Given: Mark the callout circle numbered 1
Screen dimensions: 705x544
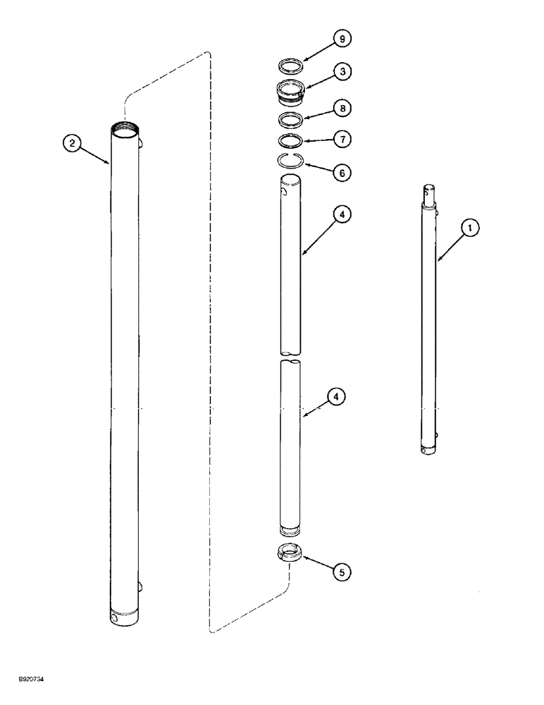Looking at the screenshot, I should pos(471,228).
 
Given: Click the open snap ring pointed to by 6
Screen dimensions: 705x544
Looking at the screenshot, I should pos(289,160).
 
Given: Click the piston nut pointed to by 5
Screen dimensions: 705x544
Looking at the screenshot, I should pos(289,553).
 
